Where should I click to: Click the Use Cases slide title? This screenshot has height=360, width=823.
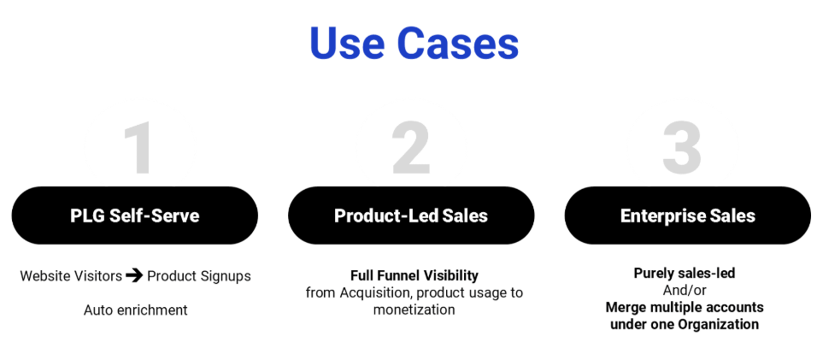(x=414, y=43)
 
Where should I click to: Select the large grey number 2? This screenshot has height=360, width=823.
(x=411, y=150)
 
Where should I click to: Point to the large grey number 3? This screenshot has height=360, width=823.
(x=682, y=150)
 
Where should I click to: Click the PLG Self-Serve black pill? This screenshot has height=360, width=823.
(x=134, y=215)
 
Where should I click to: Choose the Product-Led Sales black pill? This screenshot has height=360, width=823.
(x=411, y=215)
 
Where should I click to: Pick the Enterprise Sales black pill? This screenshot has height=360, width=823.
(x=687, y=215)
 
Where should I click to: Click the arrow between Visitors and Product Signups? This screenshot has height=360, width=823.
(x=134, y=275)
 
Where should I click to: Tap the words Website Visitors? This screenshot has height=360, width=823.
(x=71, y=276)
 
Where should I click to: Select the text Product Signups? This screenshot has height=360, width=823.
(x=199, y=276)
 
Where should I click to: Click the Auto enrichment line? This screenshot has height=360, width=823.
(x=135, y=310)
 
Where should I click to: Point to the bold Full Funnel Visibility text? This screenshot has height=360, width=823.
(x=414, y=275)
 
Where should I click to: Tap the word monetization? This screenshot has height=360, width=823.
(x=414, y=310)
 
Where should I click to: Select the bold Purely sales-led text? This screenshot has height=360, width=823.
(x=685, y=274)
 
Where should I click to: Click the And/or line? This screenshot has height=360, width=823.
(x=685, y=290)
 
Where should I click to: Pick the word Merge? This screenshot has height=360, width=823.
(x=626, y=307)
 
